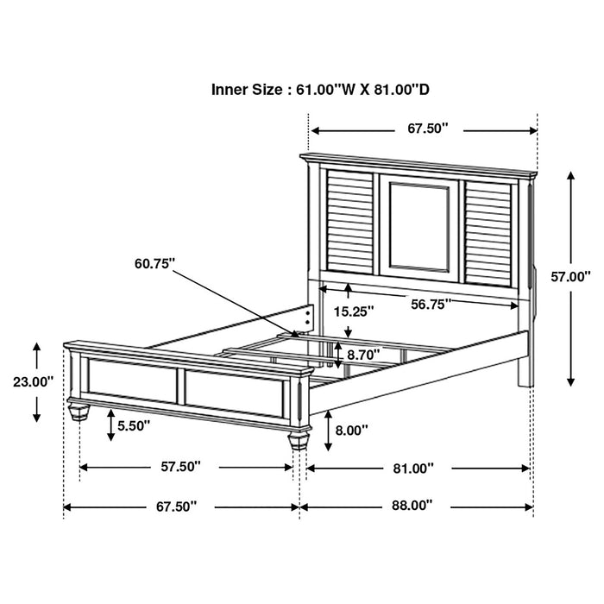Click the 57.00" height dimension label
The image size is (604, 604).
[x=570, y=277]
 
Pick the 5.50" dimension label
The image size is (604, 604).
[x=135, y=425]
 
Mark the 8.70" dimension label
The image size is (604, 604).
[x=365, y=354]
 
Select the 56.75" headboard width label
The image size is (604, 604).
[x=430, y=303]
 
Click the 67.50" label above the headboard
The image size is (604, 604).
[x=429, y=129]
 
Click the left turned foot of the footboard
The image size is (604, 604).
[x=79, y=409]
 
